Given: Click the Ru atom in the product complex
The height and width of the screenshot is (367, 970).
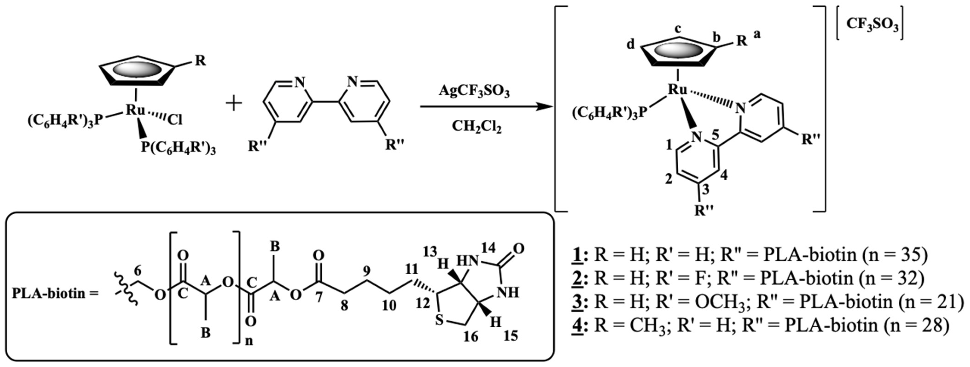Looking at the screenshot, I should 677,89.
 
